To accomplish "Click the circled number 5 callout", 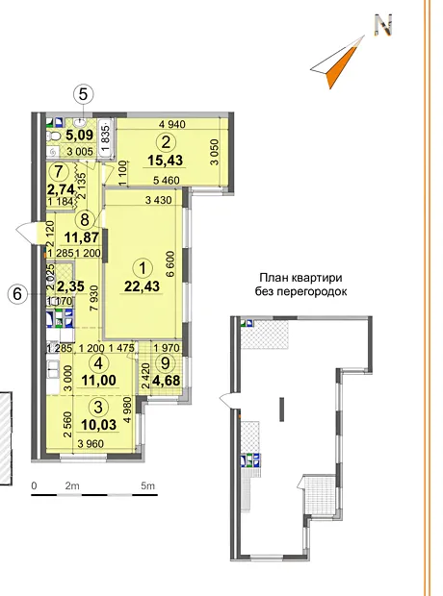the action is [84, 94].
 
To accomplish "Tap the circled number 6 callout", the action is [17, 294].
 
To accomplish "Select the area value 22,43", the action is [143, 286].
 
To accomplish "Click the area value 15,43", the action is [166, 160].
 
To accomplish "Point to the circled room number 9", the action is [166, 363].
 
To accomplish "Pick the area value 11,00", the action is [98, 380].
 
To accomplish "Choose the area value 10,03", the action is [98, 424].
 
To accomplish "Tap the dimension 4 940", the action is [171, 124].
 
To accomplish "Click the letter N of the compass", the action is [383, 25].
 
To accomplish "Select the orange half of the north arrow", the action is [339, 63].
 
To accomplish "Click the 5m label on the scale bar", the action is [147, 485].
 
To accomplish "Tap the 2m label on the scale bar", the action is [72, 485].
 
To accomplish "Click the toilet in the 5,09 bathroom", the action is [53, 136].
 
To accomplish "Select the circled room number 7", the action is [58, 172].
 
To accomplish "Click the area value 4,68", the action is [166, 380].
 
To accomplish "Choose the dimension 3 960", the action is [91, 443].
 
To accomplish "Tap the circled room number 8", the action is [85, 219].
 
